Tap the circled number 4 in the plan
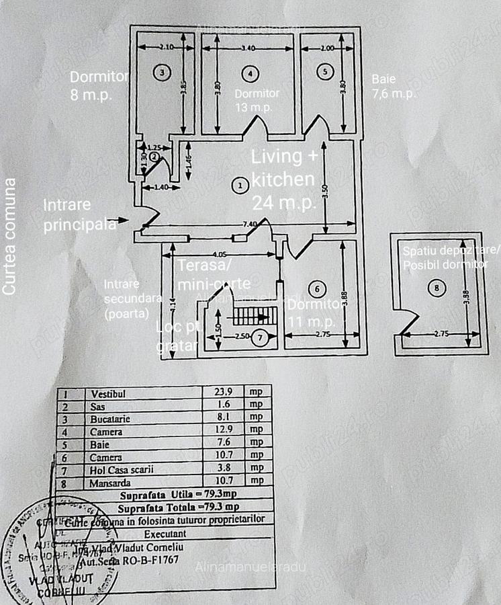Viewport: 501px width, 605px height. click(250, 72)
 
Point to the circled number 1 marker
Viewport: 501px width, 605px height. click(238, 185)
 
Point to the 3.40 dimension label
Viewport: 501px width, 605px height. click(247, 48)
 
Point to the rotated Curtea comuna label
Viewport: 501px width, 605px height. click(9, 235)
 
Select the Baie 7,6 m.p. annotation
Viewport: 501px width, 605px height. click(394, 86)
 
